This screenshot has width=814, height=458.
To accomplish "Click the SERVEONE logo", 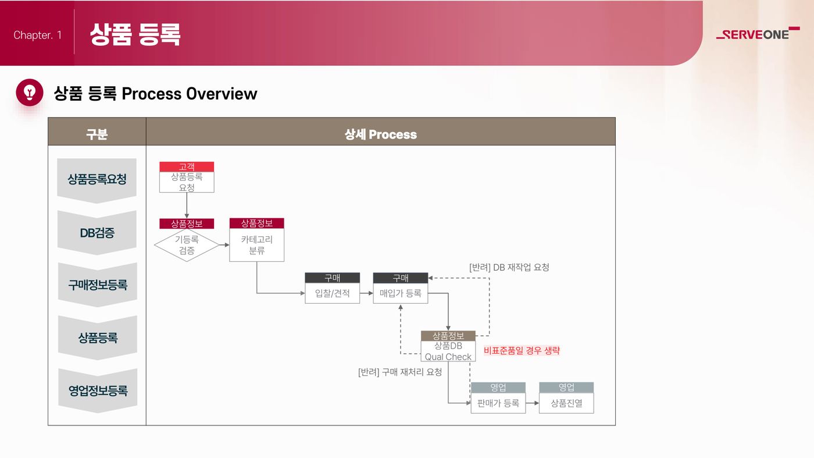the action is point(758,34).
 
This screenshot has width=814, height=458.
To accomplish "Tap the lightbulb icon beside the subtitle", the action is point(30,93).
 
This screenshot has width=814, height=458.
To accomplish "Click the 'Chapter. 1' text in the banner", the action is point(37,35).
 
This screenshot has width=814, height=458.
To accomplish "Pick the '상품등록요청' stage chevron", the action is point(97,180).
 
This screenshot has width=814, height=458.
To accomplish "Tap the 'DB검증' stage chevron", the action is point(97,233).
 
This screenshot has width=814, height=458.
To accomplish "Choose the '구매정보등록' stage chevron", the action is point(98,285).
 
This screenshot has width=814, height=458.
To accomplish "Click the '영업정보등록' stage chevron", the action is point(98,390).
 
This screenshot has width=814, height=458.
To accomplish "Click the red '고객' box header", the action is point(187,166).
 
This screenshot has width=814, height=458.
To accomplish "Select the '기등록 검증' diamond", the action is point(187,245).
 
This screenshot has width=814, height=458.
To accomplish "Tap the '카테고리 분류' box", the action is point(257,245).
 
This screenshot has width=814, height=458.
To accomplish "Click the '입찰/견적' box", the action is point(333,293).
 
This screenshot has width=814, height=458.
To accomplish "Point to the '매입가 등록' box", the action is point(401,293).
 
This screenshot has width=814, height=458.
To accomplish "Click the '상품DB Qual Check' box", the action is point(448,351).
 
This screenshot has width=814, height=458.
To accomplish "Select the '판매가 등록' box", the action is point(498,403).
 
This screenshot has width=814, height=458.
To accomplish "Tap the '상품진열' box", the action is point(566,403).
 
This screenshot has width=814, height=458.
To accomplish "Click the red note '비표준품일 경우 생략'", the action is point(522,351).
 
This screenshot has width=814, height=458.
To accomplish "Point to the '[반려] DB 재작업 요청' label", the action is point(509,267).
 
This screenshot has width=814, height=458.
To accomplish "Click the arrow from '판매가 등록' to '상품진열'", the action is point(533,403).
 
